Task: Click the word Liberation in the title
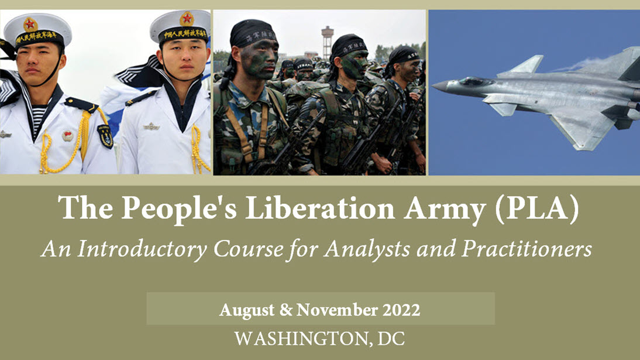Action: click(x=319, y=208)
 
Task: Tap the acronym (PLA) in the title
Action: click(x=536, y=209)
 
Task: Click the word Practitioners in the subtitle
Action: click(x=527, y=248)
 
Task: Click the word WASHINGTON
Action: click(x=301, y=339)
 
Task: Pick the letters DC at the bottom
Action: click(x=391, y=339)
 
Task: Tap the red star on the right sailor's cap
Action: click(x=187, y=18)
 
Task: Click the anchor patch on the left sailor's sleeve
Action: click(x=105, y=136)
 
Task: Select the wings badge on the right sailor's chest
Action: click(x=152, y=126)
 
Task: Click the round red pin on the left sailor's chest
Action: click(x=68, y=136)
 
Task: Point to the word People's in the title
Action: click(x=179, y=208)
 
